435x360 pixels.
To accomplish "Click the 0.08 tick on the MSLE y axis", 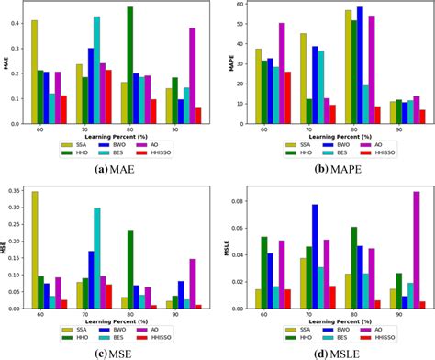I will coord(234,201).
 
